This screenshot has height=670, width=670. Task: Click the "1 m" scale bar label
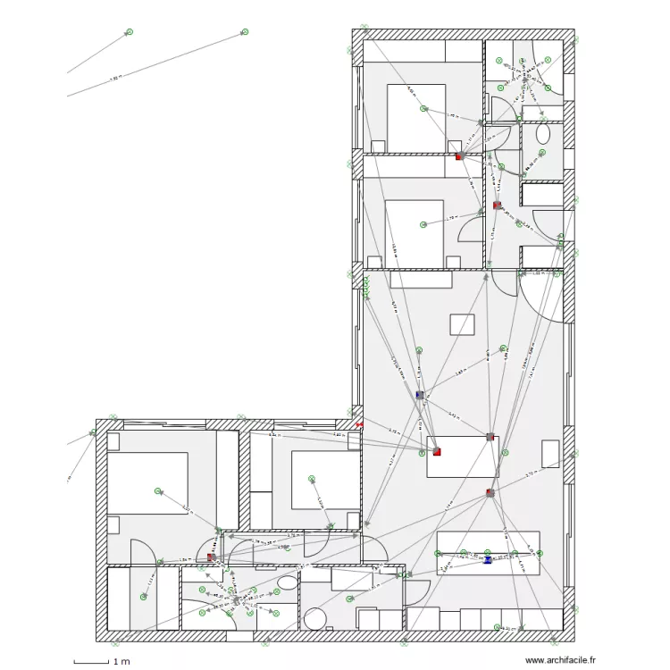[121, 662]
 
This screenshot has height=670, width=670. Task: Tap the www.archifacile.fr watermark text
[560, 660]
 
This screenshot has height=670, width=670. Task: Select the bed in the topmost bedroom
[415, 117]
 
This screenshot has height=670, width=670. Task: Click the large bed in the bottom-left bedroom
[147, 482]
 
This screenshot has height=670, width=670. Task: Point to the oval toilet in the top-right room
[543, 134]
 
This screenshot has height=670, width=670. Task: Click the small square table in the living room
[462, 323]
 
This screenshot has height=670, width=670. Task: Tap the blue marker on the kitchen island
[488, 560]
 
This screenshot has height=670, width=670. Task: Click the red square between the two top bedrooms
[459, 156]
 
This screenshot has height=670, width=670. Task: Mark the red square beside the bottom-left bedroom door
[211, 557]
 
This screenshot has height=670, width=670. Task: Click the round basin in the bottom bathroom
[315, 618]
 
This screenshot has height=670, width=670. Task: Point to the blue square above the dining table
[419, 394]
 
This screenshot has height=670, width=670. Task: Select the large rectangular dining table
[462, 456]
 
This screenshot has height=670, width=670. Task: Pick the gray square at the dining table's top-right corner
[490, 437]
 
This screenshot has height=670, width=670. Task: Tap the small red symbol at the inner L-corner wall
[359, 426]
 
